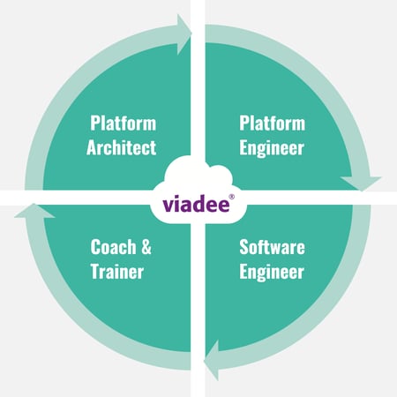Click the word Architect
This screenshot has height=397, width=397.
(x=121, y=147)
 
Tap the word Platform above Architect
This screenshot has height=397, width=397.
(x=124, y=123)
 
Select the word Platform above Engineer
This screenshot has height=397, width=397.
(x=273, y=123)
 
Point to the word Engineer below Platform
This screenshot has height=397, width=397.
(x=272, y=148)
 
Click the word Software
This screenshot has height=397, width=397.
(x=272, y=247)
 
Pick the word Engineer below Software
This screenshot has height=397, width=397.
(x=272, y=273)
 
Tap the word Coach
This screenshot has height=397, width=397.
(x=113, y=247)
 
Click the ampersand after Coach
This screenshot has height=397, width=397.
(x=146, y=247)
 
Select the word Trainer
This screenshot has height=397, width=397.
(x=117, y=272)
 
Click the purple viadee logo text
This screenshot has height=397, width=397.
(x=196, y=203)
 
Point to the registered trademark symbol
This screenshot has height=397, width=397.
(x=232, y=197)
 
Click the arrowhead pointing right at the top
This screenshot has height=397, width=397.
(x=184, y=34)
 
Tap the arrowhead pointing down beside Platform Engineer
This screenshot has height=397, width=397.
(x=361, y=184)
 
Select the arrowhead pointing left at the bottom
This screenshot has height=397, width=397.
(x=212, y=360)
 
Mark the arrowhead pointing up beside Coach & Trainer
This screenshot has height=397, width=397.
(x=34, y=211)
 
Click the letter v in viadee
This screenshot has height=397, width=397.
(x=168, y=205)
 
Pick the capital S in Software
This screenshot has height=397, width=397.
(x=244, y=247)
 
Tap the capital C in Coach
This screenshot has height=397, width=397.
(x=95, y=247)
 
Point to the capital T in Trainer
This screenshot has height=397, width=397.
(x=95, y=272)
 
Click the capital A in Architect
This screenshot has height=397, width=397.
(x=92, y=147)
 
